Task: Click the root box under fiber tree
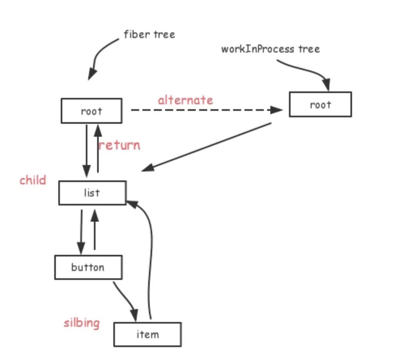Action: coord(91,111)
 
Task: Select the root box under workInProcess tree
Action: coord(320,105)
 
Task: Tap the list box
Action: coord(92,193)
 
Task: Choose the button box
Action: coord(88,267)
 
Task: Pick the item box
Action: coord(147,334)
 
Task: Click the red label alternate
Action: coord(185,100)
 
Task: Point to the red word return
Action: coord(120,145)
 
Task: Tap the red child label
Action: coord(33,180)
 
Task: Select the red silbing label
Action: coord(81,323)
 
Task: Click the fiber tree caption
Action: coord(149,34)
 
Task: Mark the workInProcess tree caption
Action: coord(270,49)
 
